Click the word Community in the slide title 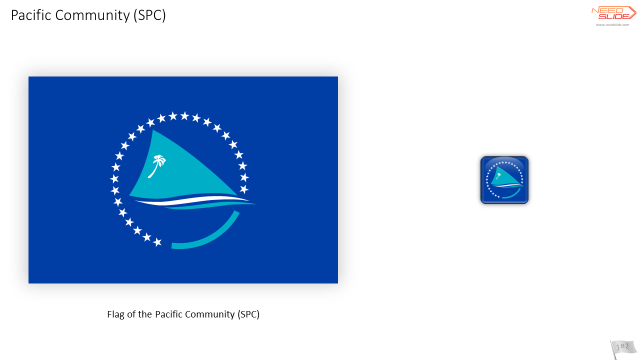coord(92,15)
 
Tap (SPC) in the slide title coord(149,15)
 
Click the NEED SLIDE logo coord(613,13)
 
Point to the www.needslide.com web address coord(612,25)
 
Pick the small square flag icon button coord(504,180)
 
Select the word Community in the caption coord(210,314)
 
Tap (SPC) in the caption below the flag coord(248,314)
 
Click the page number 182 coord(623,347)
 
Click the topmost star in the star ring coord(184,115)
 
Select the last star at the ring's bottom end coord(157,242)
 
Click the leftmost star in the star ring coord(114,179)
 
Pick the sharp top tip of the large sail coord(153,130)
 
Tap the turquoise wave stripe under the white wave coord(211,205)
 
